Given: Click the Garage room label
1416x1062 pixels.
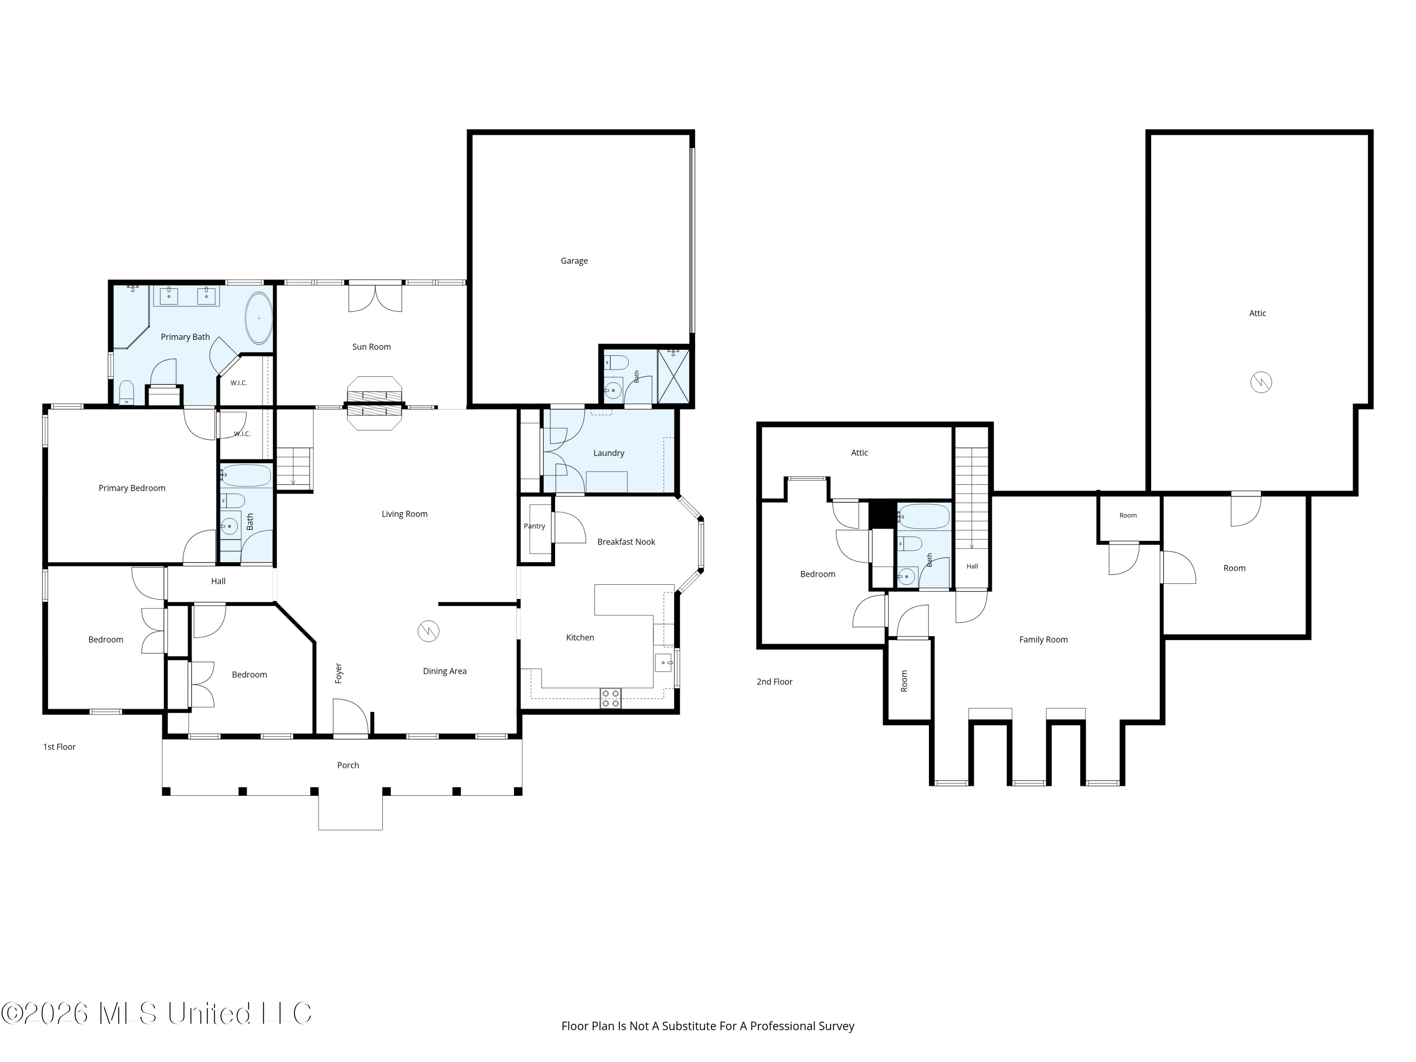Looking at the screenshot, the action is coord(574,261).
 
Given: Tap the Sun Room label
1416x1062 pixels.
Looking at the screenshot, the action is coord(371,347).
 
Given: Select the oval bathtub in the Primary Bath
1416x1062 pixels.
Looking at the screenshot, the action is coord(259,318).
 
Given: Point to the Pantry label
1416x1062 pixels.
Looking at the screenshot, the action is coord(534,526).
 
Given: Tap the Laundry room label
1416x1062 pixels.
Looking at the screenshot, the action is coord(609,453).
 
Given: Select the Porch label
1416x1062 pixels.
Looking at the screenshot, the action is coord(348,765).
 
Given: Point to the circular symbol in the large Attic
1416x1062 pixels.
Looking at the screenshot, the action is coord(1261,383).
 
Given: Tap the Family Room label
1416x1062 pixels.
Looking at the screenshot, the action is coord(1044,640).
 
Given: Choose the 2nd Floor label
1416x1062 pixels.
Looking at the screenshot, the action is coord(775,682).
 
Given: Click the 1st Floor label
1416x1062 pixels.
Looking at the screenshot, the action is coord(59,747).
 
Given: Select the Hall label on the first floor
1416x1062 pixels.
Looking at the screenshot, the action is coord(218,581).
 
